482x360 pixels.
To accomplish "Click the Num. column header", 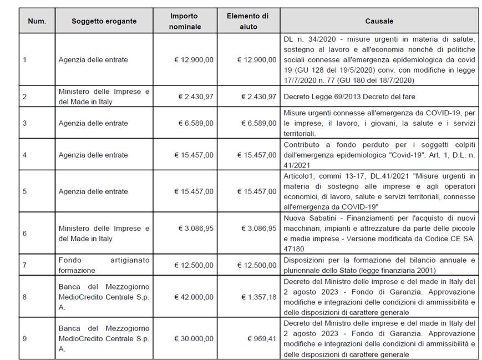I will point(37,21).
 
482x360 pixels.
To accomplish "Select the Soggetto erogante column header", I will point(104,21).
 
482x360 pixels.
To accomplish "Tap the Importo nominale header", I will point(185,21).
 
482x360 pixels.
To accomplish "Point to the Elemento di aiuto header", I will point(247,21).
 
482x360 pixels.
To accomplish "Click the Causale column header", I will point(379,21).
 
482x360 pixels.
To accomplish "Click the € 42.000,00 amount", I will point(194,297).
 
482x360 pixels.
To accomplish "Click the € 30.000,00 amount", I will point(194,338).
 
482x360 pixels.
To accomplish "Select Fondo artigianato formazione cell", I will point(104,265).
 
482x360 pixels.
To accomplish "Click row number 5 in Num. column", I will point(24,191).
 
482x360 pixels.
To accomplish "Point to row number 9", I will point(24,338).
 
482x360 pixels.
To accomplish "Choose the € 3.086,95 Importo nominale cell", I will point(195,228).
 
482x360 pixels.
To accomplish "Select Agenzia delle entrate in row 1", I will point(93,60).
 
